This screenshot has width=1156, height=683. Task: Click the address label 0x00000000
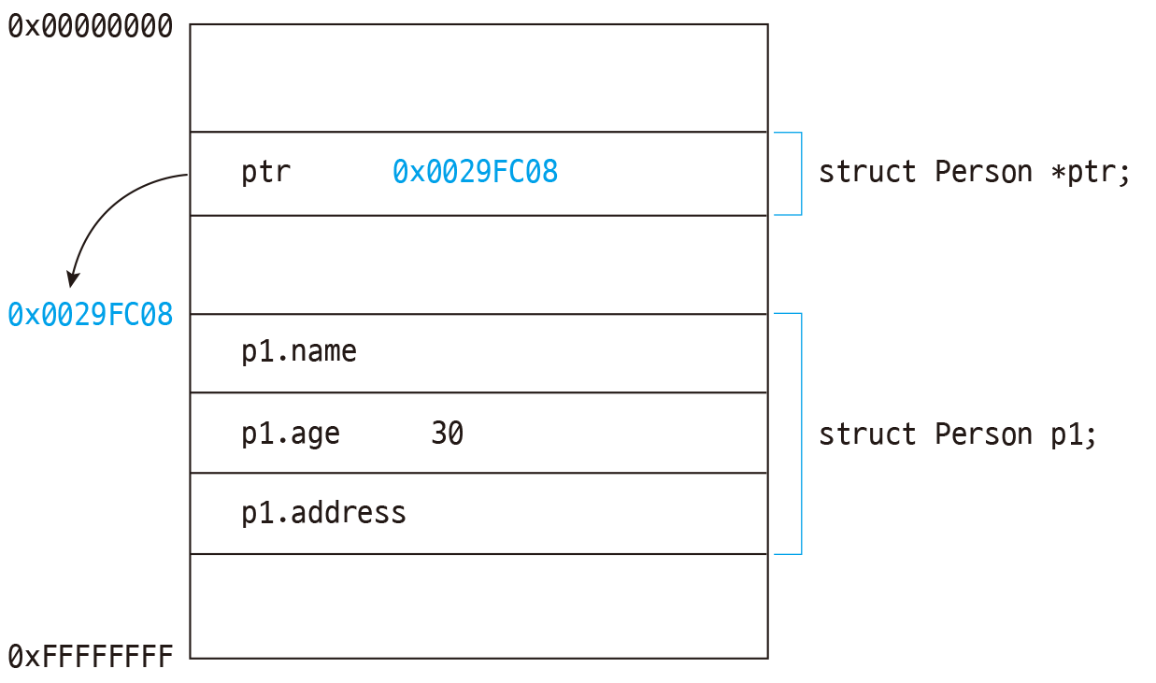pyautogui.click(x=91, y=26)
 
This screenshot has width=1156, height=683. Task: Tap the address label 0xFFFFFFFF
pyautogui.click(x=91, y=657)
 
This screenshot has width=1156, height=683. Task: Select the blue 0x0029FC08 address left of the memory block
pyautogui.click(x=91, y=315)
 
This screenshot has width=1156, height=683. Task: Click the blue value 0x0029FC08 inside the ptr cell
pyautogui.click(x=475, y=173)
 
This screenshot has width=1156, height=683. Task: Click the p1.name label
pyautogui.click(x=299, y=352)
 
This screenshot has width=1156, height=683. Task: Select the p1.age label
pyautogui.click(x=291, y=434)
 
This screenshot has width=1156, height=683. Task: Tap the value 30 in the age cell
pyautogui.click(x=447, y=434)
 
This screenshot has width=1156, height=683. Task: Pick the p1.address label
pyautogui.click(x=323, y=513)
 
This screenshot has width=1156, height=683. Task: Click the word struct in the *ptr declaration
pyautogui.click(x=867, y=173)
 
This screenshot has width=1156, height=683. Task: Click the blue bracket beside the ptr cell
pyautogui.click(x=800, y=174)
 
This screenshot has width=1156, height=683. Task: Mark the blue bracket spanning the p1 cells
pyautogui.click(x=800, y=434)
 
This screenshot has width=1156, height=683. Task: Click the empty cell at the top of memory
pyautogui.click(x=478, y=78)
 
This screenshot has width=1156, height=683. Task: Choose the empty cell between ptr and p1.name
pyautogui.click(x=478, y=264)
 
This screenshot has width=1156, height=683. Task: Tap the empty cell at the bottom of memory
pyautogui.click(x=478, y=605)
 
